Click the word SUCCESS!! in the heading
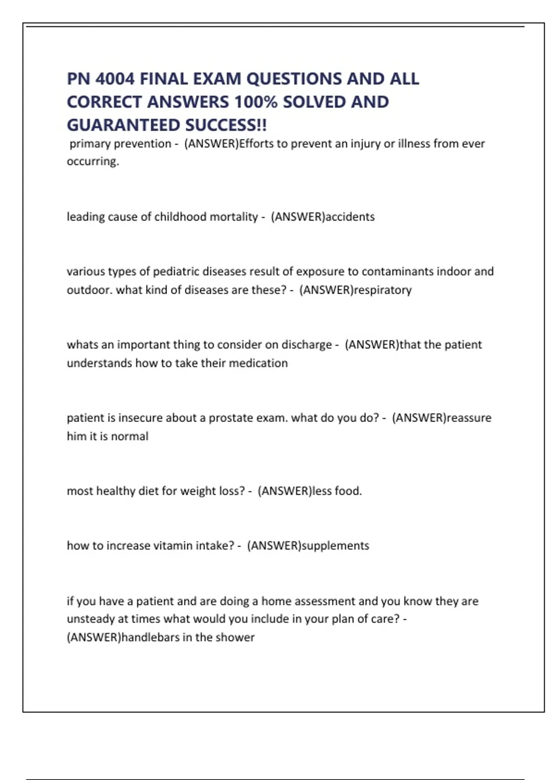(226, 125)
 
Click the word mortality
(234, 217)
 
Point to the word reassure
(469, 418)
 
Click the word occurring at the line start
(92, 162)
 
